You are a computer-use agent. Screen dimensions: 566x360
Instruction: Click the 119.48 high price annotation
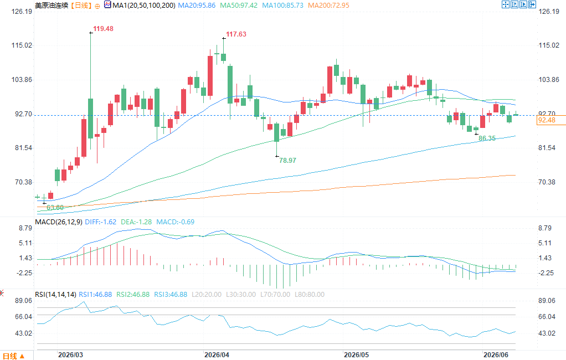point(103,29)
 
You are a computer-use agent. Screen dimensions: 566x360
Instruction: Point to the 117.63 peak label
point(236,34)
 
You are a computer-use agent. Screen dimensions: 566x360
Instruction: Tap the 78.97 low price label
point(287,160)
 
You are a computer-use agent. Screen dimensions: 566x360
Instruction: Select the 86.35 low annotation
point(487,138)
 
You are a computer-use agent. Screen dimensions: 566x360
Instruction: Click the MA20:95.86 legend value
point(197,6)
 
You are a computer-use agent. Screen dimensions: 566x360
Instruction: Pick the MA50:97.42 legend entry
point(239,6)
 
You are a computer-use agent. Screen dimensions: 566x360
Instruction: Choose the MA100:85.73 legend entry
point(282,6)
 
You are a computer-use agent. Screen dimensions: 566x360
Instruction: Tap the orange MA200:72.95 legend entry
point(328,6)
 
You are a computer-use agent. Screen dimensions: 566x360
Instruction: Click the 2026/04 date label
point(217,355)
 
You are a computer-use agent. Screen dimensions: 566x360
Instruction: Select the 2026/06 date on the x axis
point(496,355)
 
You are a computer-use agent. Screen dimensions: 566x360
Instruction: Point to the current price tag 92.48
point(547,120)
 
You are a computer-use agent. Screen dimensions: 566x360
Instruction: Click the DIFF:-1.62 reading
point(101,222)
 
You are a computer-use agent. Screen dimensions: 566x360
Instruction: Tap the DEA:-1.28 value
point(136,222)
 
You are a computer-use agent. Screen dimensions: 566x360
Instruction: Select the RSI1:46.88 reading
point(95,295)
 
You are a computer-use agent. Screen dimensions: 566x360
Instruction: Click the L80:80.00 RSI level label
point(310,295)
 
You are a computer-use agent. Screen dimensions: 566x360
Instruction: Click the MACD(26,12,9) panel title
point(59,222)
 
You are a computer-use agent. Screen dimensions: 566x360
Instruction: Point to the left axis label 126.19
point(22,12)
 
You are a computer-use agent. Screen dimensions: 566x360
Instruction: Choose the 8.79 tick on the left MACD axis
point(25,228)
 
